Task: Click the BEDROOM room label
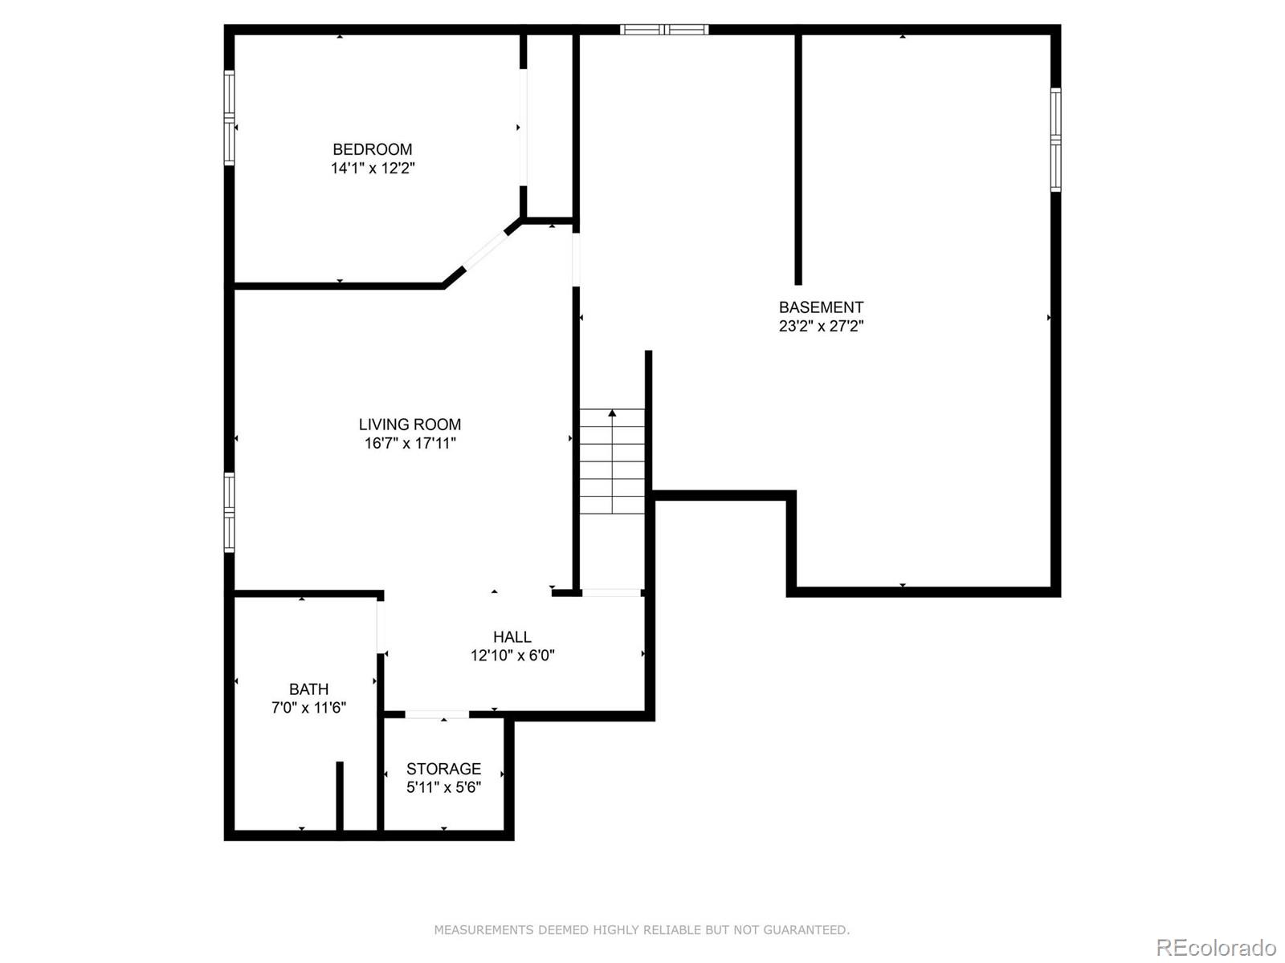[373, 149]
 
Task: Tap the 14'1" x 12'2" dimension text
[373, 169]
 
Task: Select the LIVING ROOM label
[410, 425]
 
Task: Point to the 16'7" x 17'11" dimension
[410, 443]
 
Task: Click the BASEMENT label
[821, 307]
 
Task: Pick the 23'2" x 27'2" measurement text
[821, 326]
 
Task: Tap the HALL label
[512, 636]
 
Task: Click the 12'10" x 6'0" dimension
[512, 656]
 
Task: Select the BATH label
[308, 689]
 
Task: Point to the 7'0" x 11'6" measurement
[308, 708]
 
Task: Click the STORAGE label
[443, 769]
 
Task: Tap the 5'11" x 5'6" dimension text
[443, 787]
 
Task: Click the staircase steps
[612, 473]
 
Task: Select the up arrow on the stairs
[612, 414]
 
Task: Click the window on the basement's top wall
[664, 30]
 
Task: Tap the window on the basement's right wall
[1055, 140]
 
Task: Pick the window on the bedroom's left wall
[229, 118]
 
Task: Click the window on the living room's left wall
[229, 512]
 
